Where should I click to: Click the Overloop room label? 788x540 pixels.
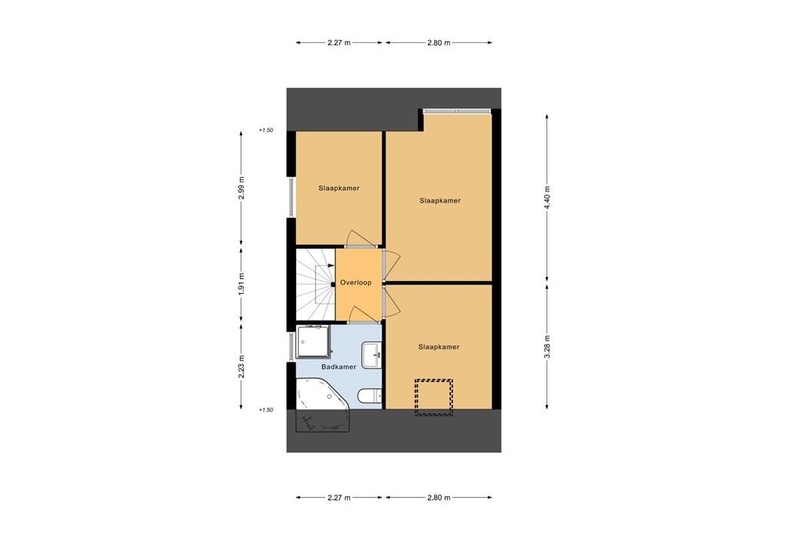tap(356, 283)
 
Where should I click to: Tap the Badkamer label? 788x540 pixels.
tap(339, 367)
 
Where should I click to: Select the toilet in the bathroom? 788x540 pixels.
tap(369, 396)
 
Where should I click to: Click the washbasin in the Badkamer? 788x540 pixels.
tap(372, 352)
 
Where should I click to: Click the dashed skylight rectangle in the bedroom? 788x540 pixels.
tap(433, 397)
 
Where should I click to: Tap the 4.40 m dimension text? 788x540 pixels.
tap(547, 198)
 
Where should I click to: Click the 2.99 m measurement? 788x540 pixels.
tap(242, 189)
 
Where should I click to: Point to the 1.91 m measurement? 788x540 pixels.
tap(242, 284)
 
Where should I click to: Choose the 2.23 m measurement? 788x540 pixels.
tap(242, 365)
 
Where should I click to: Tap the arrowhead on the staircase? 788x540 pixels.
tap(331, 265)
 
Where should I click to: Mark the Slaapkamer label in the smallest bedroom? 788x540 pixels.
tap(339, 188)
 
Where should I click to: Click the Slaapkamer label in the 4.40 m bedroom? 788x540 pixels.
tap(439, 201)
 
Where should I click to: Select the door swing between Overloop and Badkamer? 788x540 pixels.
tap(360, 312)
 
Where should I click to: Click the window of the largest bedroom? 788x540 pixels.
tap(457, 112)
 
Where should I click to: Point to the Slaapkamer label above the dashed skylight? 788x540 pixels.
tap(439, 347)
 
